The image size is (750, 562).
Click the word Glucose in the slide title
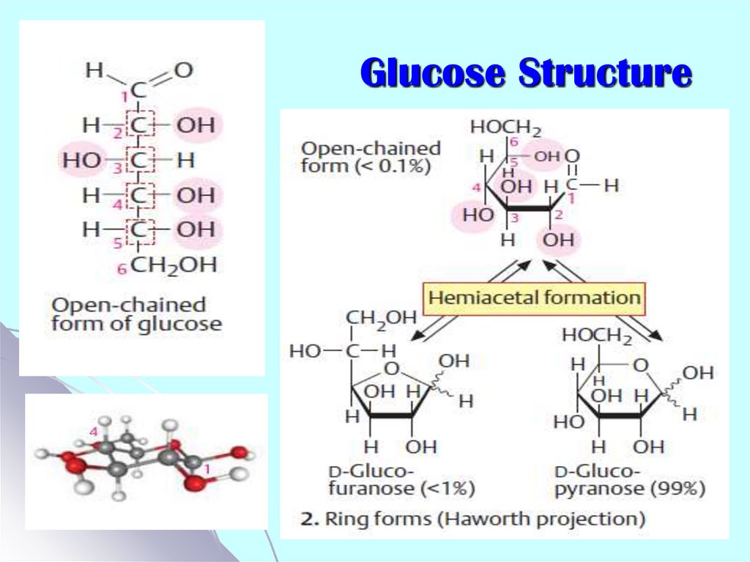[x=433, y=73]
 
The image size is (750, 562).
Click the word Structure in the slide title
[x=605, y=73]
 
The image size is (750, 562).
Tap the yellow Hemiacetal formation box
[x=534, y=298]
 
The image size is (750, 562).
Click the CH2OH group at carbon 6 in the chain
[x=174, y=265]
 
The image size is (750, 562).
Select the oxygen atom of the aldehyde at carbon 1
[x=183, y=70]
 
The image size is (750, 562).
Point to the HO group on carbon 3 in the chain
[x=82, y=160]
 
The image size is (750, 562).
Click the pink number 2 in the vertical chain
[x=118, y=133]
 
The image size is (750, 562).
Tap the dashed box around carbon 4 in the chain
[x=140, y=195]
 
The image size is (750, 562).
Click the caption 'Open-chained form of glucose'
[x=136, y=314]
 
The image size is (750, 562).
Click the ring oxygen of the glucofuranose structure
[x=393, y=369]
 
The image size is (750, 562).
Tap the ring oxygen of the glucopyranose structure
[x=640, y=365]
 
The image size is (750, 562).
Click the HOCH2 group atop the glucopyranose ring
[x=597, y=336]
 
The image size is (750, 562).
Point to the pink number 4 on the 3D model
[x=94, y=432]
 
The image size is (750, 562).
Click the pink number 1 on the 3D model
[x=207, y=470]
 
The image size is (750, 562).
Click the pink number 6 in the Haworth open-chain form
[x=513, y=142]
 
